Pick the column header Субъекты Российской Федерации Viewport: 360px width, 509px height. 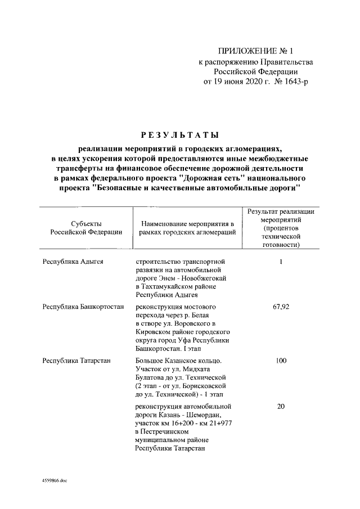pyautogui.click(x=86, y=228)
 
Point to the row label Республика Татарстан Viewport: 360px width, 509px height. pyautogui.click(x=76, y=361)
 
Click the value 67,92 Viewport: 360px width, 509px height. pyautogui.click(x=280, y=307)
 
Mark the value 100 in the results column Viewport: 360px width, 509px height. pyautogui.click(x=280, y=361)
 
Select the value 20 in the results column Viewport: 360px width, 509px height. pyautogui.click(x=280, y=406)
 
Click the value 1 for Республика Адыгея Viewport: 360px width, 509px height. pyautogui.click(x=280, y=262)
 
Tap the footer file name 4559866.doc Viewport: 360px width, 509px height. pyautogui.click(x=54, y=481)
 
